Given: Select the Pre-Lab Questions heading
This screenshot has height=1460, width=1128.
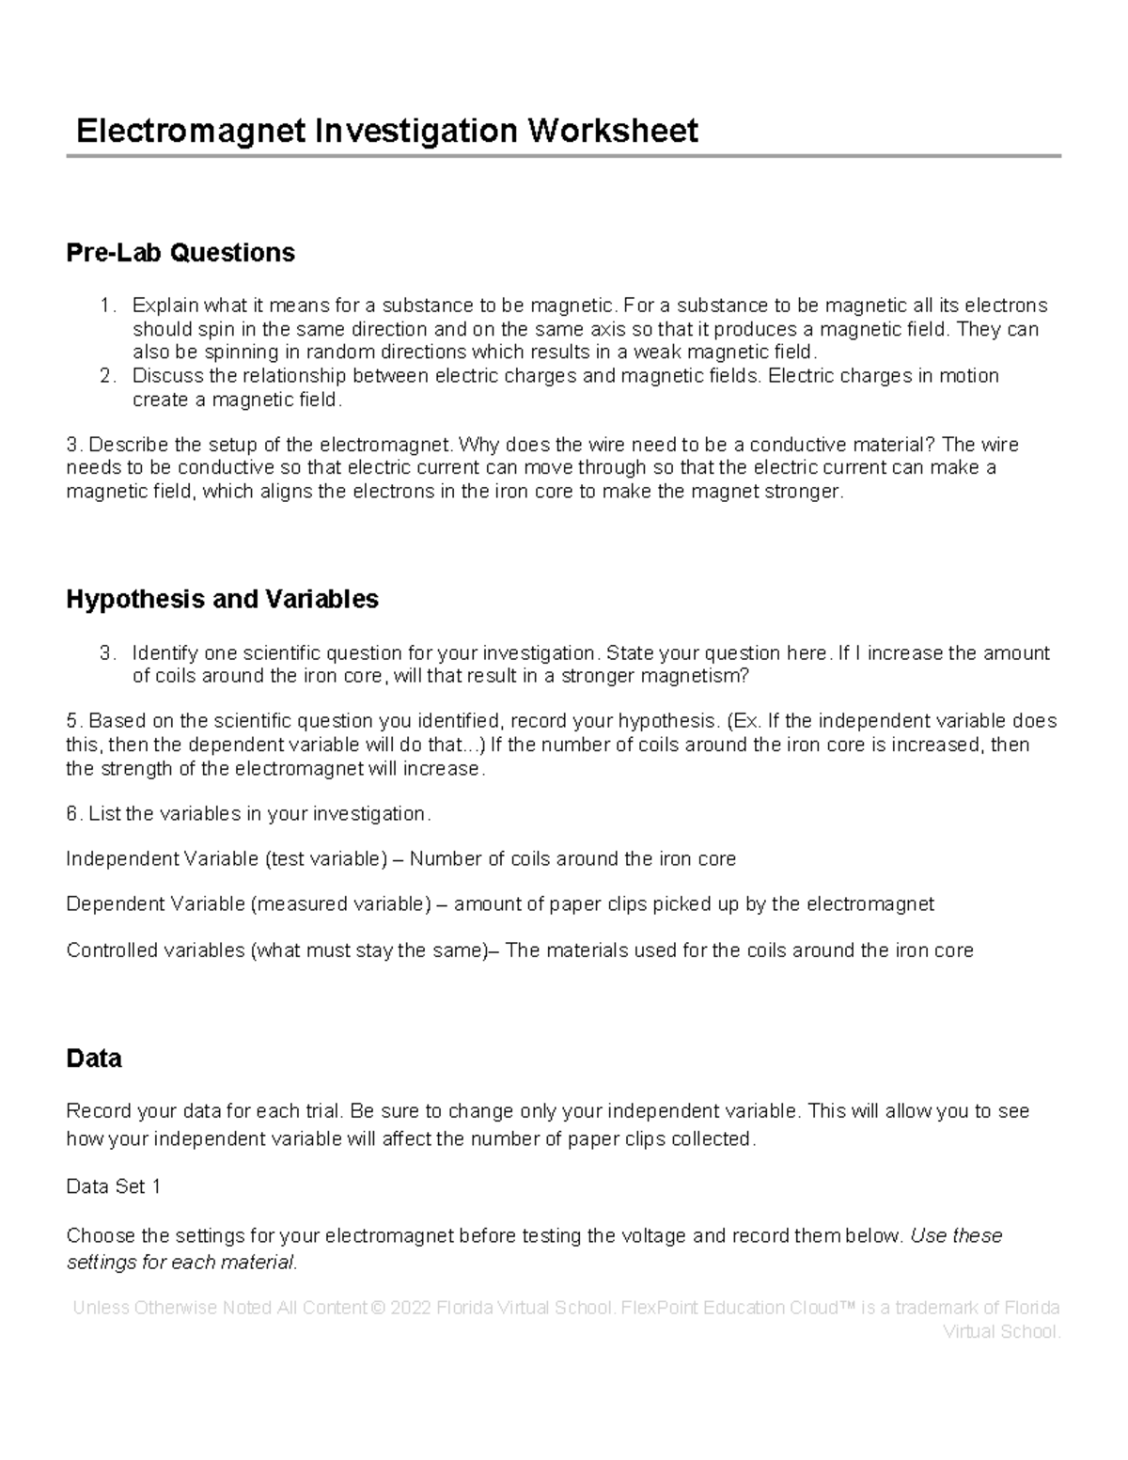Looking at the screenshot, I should point(180,252).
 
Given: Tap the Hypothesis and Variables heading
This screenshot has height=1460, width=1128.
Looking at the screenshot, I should point(222,599).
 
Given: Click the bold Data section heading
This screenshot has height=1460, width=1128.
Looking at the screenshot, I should point(94,1059).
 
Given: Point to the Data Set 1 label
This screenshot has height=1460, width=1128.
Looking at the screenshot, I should point(113,1186).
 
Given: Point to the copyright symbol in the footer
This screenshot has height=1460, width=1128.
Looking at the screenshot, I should point(379,1308).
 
